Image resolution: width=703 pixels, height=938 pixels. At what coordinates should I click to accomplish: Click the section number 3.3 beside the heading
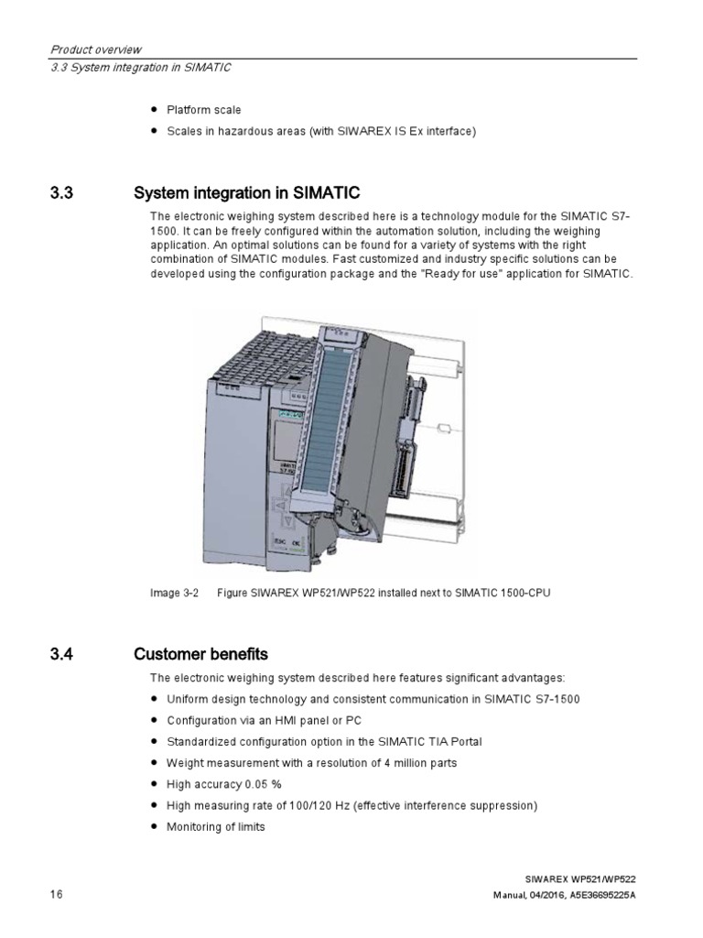click(x=59, y=193)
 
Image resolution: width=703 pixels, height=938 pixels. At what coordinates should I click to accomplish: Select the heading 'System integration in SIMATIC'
click(x=246, y=193)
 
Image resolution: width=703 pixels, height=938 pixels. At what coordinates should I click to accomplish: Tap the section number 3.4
click(x=59, y=654)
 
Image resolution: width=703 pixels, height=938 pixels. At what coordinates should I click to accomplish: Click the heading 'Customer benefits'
click(x=200, y=654)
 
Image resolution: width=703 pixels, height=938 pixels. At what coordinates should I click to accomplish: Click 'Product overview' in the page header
click(x=94, y=49)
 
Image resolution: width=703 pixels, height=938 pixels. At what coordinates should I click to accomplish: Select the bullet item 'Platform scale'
click(x=203, y=110)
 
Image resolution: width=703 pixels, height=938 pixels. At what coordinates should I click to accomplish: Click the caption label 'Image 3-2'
click(x=174, y=594)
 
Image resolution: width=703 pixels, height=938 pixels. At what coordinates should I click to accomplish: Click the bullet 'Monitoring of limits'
click(x=215, y=826)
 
